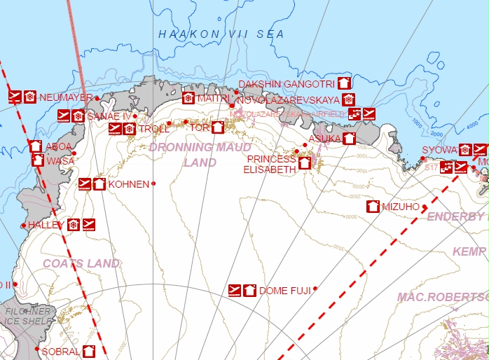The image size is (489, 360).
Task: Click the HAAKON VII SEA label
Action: coord(221,34)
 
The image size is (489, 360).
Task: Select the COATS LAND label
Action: coord(81,263)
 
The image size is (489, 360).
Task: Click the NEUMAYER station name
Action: coord(66,97)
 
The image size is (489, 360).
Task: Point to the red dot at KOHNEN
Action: coord(153,184)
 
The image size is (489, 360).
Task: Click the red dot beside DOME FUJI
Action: coord(315,289)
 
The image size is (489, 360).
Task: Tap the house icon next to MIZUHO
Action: coord(373,207)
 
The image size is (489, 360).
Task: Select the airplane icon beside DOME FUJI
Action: coord(235,290)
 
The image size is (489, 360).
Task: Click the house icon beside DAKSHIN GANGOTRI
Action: coord(343,83)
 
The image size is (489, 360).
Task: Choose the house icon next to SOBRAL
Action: coord(89,351)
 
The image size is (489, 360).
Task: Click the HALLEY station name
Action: coord(46,225)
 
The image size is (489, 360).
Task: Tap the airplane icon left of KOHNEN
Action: coord(85,184)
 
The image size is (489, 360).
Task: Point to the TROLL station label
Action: coord(153,130)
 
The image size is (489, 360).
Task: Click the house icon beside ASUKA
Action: coord(349,139)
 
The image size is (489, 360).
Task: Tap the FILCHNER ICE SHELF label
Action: coord(28,316)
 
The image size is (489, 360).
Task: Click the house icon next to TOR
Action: coord(217,127)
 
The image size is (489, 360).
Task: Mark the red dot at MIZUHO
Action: coord(425,207)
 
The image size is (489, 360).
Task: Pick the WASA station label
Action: coord(60,161)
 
